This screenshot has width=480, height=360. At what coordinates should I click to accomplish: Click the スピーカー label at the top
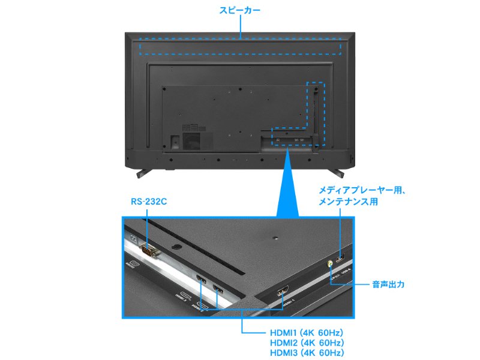pos(239,11)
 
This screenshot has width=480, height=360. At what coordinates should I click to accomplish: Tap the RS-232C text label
pos(149,202)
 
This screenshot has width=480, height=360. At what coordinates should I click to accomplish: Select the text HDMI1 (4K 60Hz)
pos(306,332)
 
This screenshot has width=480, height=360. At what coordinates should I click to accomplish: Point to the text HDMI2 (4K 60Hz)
pos(306,343)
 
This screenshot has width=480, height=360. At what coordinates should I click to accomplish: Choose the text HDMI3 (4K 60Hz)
pos(306,353)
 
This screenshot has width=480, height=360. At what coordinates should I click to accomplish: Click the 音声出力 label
pos(388,284)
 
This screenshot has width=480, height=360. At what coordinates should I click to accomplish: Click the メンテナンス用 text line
pos(348,202)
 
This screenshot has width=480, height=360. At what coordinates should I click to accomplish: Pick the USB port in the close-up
pos(340,260)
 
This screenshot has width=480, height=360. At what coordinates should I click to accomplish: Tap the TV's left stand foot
pos(142,173)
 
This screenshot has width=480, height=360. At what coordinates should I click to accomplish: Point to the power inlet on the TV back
pos(175,142)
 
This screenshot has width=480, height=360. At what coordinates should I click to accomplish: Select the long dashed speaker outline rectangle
pos(240,47)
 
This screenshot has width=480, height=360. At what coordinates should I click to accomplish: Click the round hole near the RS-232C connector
pos(175,246)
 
